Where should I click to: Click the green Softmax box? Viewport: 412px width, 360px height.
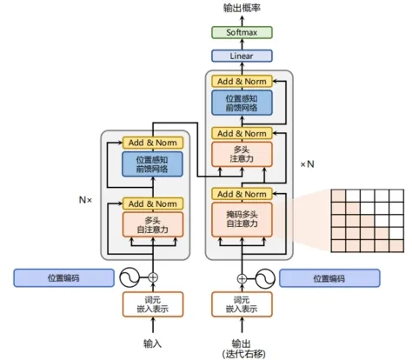click(242, 32)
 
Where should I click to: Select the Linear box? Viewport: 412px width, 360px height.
click(242, 56)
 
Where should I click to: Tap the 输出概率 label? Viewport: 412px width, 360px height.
click(242, 8)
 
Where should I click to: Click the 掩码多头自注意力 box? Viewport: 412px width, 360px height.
click(242, 219)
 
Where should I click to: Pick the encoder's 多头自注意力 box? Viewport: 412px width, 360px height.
click(153, 224)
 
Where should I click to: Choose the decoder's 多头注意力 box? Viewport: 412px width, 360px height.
click(242, 154)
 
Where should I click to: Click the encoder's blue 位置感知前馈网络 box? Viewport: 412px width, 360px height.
click(152, 164)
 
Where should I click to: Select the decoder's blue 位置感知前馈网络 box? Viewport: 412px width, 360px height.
click(242, 103)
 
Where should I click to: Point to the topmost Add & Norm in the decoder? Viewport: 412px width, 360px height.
click(242, 82)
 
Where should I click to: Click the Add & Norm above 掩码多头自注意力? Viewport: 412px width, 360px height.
click(242, 194)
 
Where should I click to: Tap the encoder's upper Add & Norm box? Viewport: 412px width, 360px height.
click(153, 143)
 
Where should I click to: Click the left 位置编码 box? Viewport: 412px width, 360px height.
click(63, 278)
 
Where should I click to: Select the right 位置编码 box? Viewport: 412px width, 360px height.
click(329, 278)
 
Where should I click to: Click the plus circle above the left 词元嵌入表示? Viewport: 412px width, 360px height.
click(153, 277)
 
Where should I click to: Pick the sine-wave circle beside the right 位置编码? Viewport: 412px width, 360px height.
click(265, 278)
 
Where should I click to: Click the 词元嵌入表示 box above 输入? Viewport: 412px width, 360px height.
click(153, 304)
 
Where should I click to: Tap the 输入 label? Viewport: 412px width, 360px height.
click(153, 343)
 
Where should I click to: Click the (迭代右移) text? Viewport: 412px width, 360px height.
click(243, 354)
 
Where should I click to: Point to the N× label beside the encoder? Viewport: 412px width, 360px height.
click(85, 200)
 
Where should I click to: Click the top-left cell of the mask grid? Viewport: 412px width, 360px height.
click(338, 196)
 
